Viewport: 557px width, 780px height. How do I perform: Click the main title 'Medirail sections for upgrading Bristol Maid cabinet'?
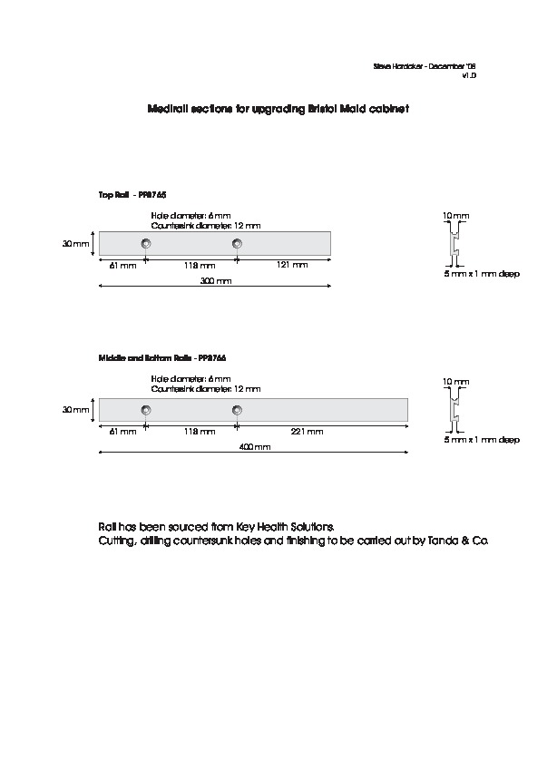point(278,108)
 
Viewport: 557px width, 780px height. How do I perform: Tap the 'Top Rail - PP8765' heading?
point(132,194)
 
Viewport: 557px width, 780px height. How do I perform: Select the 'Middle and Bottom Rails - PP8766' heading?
point(161,359)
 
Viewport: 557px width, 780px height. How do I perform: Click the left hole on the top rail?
point(146,243)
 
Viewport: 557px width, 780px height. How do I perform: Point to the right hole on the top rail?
point(237,243)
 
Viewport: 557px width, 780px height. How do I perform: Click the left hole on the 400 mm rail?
point(146,410)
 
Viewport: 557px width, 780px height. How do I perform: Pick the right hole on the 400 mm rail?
point(237,410)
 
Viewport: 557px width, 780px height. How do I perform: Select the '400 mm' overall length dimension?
point(256,448)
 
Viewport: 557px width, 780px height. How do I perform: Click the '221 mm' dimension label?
point(308,432)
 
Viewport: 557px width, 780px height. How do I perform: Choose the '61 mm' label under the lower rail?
point(122,432)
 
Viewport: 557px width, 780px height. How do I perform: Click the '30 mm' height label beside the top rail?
point(76,244)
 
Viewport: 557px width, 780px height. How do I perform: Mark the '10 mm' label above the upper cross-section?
point(455,215)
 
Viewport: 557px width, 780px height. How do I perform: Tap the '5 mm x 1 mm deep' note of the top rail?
point(482,273)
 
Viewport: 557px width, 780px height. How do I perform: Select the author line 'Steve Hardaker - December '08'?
point(425,67)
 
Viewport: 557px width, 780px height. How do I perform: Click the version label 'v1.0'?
point(468,76)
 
